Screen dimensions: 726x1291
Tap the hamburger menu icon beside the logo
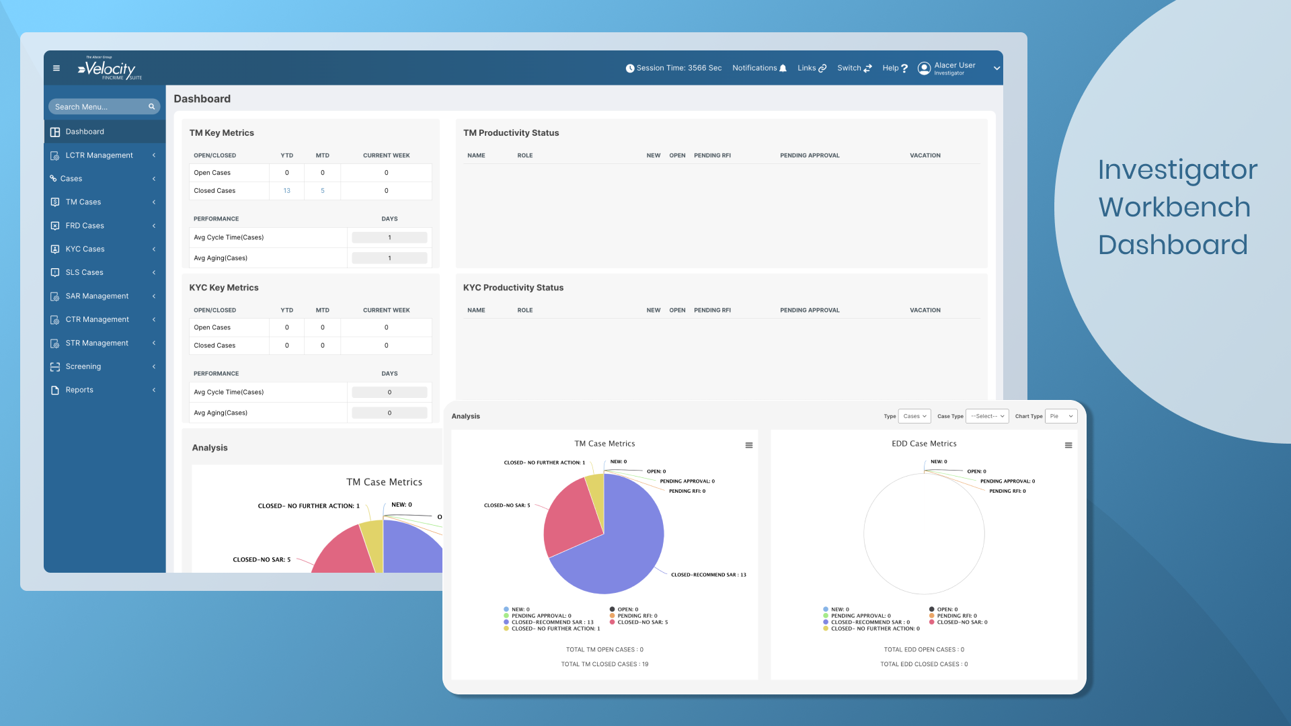tap(56, 68)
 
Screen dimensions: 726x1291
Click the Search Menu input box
tap(101, 107)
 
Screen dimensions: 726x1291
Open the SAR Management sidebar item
tap(97, 296)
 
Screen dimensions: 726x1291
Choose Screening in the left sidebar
tap(83, 366)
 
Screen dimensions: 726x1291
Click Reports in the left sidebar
tap(79, 390)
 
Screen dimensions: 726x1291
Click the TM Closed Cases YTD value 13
tap(287, 191)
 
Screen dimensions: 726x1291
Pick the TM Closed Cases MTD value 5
tap(323, 191)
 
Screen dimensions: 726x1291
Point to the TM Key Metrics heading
tap(222, 133)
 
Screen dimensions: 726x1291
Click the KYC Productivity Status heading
tap(513, 288)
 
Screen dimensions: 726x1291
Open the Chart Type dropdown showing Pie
tap(1061, 416)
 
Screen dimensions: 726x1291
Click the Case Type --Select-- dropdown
tap(987, 416)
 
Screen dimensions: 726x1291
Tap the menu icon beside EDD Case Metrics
tap(1068, 445)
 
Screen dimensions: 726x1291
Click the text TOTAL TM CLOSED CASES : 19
tap(604, 664)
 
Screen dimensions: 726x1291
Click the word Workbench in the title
tap(1174, 207)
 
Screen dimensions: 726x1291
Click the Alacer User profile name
tap(954, 65)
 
